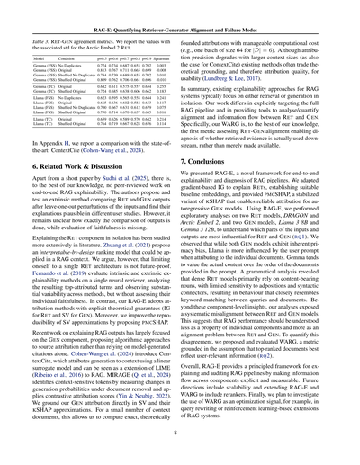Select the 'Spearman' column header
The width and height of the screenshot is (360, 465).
166,43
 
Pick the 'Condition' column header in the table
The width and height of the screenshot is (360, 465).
76,43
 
